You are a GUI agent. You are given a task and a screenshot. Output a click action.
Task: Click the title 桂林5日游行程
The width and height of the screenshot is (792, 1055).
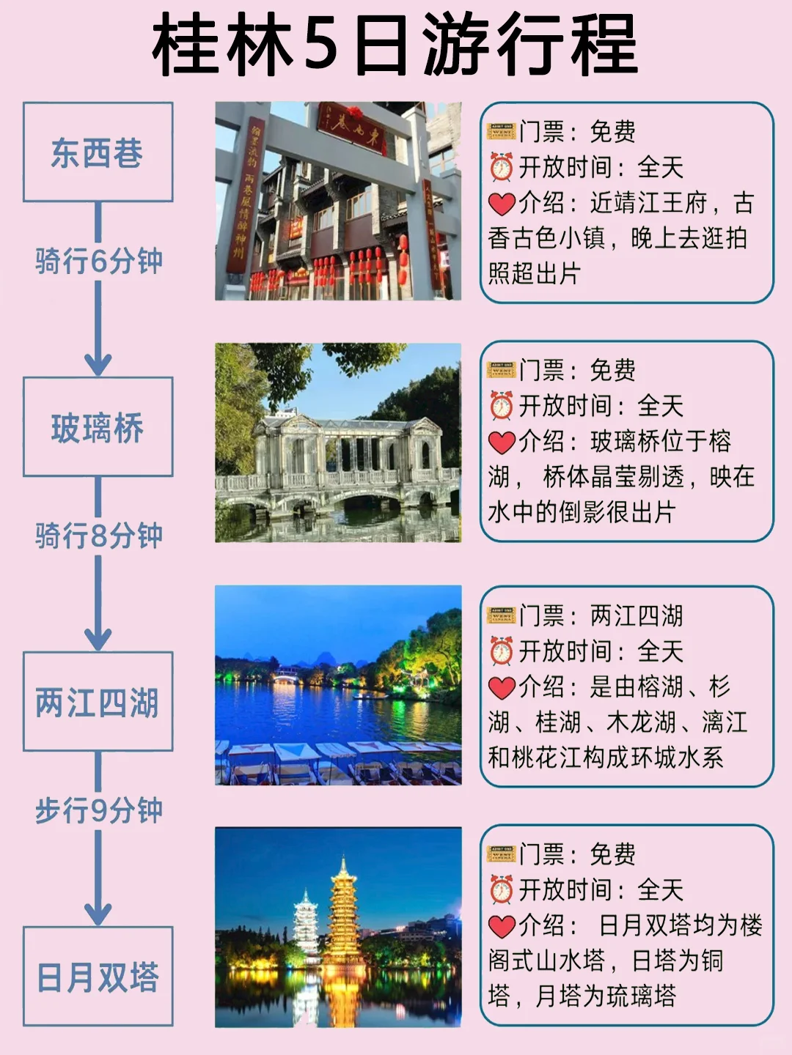click(395, 44)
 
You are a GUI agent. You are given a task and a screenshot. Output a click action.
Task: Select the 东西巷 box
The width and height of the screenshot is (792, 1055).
click(98, 152)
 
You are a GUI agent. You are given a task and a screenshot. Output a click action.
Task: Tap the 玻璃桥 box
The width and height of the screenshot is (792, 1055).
click(98, 427)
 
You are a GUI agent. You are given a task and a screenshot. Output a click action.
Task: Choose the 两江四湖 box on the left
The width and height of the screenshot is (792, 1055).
click(98, 701)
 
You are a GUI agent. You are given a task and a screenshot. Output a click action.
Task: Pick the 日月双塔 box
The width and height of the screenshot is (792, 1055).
click(98, 976)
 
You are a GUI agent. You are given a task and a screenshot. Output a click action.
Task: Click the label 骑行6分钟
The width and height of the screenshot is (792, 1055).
click(98, 262)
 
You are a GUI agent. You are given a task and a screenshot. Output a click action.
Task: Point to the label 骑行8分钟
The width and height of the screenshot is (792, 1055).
click(98, 536)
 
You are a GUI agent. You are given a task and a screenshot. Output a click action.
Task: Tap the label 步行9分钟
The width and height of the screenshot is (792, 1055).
click(98, 810)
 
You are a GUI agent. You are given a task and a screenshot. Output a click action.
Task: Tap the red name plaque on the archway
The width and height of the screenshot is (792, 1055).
click(352, 127)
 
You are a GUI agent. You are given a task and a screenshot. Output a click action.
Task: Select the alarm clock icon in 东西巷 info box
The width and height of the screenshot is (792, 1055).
click(501, 167)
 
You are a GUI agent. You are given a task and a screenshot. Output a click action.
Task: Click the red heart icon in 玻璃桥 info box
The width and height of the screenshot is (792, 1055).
click(502, 442)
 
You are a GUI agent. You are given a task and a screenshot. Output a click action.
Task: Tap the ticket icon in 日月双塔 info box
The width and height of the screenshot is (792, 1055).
click(502, 854)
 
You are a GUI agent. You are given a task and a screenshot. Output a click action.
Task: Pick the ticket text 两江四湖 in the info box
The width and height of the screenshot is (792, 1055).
click(637, 615)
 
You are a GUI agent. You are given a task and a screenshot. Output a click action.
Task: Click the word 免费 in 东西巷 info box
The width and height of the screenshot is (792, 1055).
click(612, 131)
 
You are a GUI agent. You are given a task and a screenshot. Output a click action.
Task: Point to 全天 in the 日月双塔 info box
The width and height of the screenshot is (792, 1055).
click(660, 890)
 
